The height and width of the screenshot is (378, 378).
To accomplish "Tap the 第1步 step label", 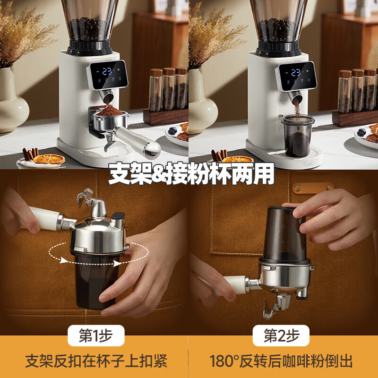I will pyautogui.click(x=96, y=336).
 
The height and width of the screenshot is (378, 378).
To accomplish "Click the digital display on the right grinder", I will pyautogui.click(x=296, y=74).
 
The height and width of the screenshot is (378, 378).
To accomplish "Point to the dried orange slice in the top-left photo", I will pyautogui.click(x=49, y=159).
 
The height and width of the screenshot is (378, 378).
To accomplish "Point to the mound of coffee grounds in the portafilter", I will pyautogui.click(x=109, y=112).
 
